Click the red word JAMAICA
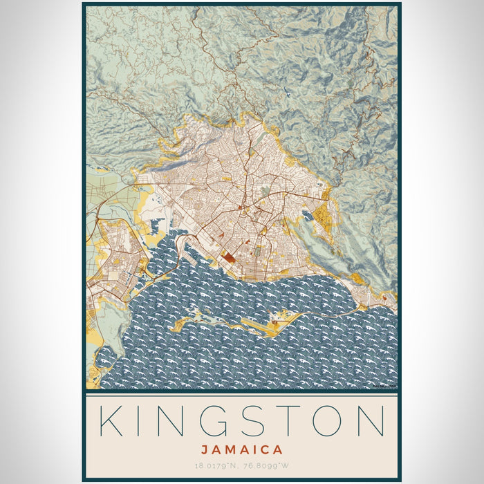[x=241, y=449]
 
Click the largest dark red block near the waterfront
[x=228, y=259]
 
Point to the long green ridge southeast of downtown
[x=311, y=245]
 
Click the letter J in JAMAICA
[x=205, y=449]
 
